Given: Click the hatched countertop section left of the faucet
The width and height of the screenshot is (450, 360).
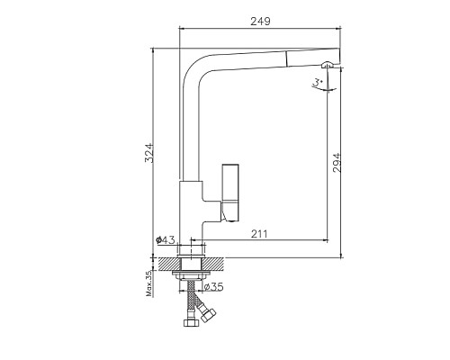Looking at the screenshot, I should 166,264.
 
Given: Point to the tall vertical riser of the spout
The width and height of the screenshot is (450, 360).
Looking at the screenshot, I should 189,126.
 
